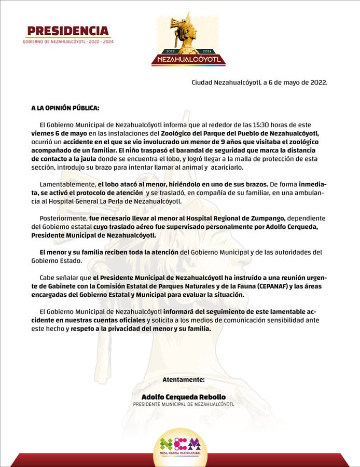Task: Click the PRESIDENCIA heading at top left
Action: pyautogui.click(x=68, y=31)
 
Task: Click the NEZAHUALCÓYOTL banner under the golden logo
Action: pyautogui.click(x=188, y=60)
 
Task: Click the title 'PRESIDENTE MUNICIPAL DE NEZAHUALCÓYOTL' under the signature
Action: pyautogui.click(x=184, y=404)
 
